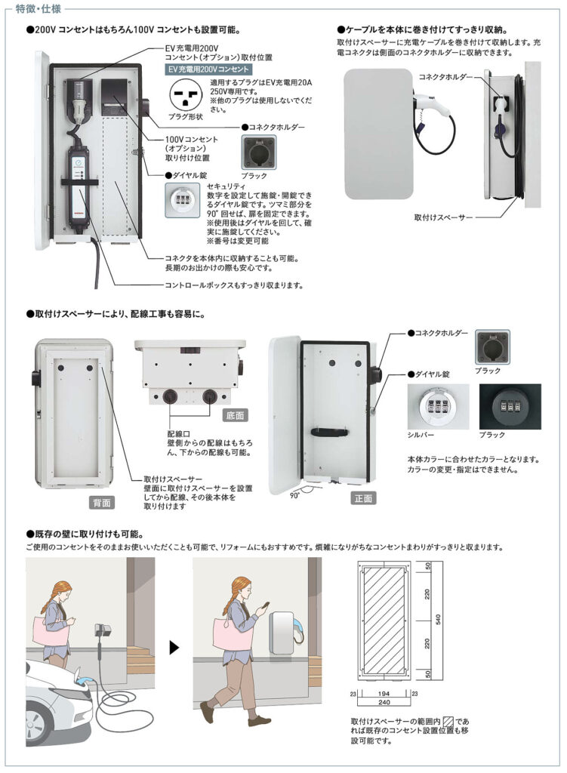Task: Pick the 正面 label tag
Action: [362, 499]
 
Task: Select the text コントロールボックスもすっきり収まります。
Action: [234, 285]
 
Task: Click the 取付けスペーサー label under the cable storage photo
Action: [444, 217]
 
